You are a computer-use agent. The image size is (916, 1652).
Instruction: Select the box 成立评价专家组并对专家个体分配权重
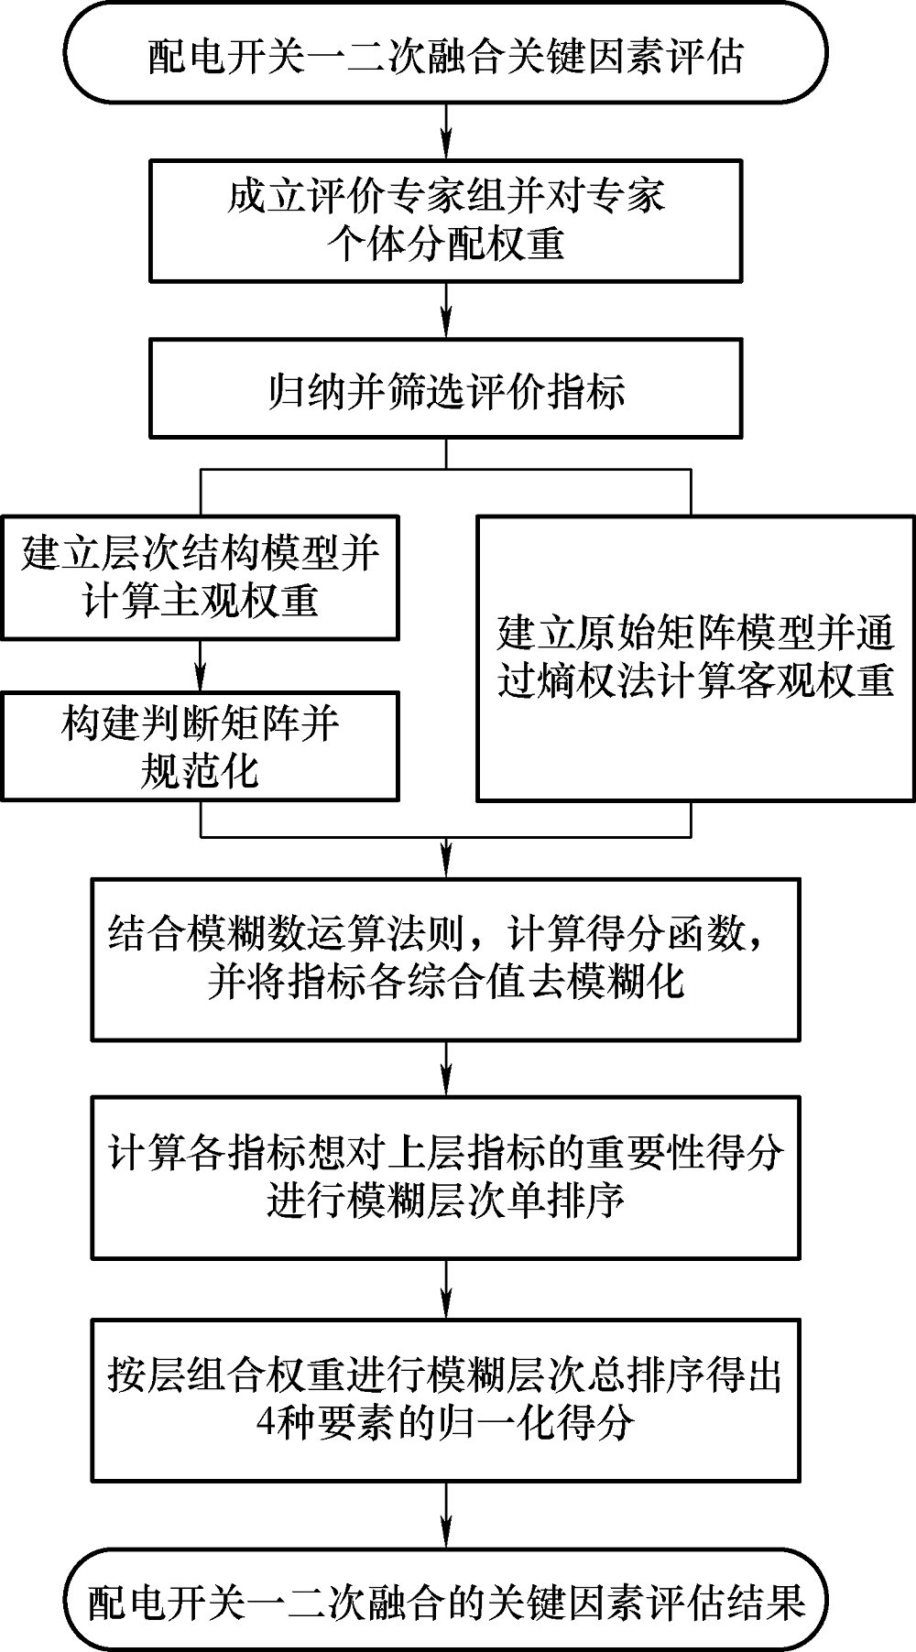pos(446,220)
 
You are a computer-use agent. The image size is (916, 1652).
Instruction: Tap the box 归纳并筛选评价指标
pos(446,390)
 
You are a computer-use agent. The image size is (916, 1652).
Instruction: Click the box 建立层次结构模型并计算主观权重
pos(200,577)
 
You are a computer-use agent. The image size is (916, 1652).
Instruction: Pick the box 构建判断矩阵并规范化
pos(200,746)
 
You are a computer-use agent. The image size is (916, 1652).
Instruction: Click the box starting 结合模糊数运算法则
pos(446,959)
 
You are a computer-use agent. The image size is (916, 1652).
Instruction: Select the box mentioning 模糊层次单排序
pos(446,1177)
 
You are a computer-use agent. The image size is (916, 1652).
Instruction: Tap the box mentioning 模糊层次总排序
pos(446,1399)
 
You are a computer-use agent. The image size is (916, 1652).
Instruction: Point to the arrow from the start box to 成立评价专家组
pos(446,131)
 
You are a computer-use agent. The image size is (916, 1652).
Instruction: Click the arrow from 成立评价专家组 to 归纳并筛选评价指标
pos(446,311)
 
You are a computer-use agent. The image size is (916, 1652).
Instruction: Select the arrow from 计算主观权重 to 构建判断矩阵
pos(200,666)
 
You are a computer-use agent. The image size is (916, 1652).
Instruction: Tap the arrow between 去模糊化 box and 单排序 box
pos(446,1069)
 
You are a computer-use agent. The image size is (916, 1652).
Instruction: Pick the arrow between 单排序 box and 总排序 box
pos(446,1288)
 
